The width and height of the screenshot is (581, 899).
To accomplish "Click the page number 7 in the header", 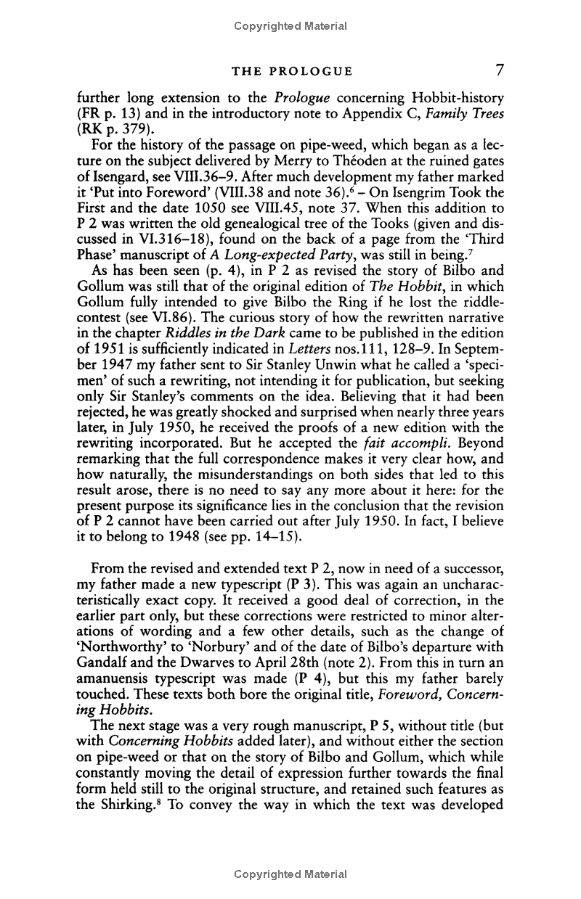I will coord(499,70).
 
